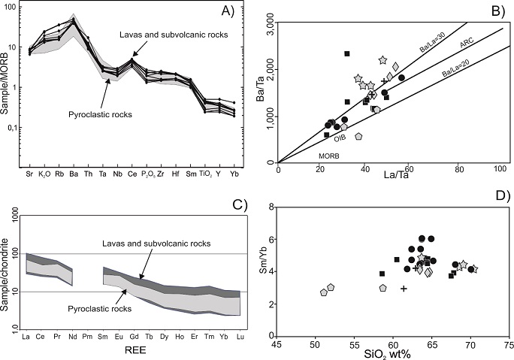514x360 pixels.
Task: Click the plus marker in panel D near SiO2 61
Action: click(x=404, y=289)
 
